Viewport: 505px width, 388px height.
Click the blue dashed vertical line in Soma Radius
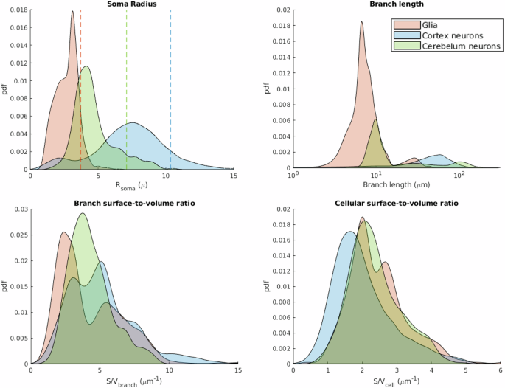point(171,89)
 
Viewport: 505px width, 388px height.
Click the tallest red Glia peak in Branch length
point(362,22)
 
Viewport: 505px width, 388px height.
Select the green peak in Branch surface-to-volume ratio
point(83,214)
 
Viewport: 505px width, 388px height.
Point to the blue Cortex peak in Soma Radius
point(133,123)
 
